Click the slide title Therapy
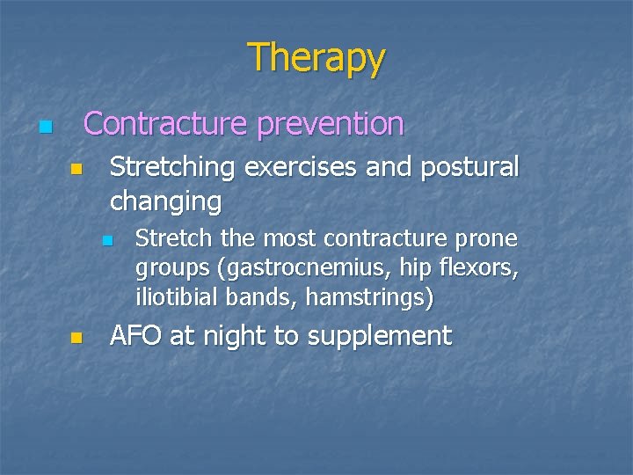pyautogui.click(x=316, y=58)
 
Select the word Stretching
pyautogui.click(x=173, y=167)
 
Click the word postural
pyautogui.click(x=465, y=167)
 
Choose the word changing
pyautogui.click(x=165, y=202)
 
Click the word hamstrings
pyautogui.click(x=368, y=298)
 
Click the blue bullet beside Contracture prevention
pyautogui.click(x=46, y=128)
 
